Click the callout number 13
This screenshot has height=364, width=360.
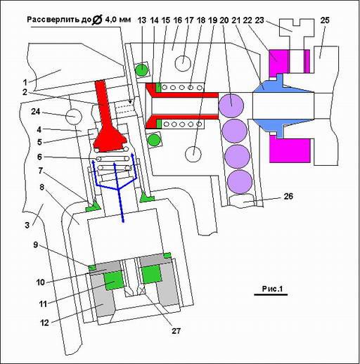point(142,20)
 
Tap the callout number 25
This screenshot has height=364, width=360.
point(325,20)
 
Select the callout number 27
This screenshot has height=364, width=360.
point(176,330)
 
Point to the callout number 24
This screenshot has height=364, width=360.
point(36,112)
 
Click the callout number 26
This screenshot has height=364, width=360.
point(288,196)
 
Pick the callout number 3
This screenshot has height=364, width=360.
point(27,225)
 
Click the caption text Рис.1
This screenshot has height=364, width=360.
point(272,289)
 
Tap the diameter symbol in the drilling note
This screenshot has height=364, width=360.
point(96,20)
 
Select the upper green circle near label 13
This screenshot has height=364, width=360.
point(142,70)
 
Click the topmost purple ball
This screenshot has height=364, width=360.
point(231,105)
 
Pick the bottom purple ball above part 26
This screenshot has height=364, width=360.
point(240,182)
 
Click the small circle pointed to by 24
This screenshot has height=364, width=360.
point(74,117)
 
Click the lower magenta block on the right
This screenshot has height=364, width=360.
point(290,149)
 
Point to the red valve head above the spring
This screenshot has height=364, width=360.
point(110,140)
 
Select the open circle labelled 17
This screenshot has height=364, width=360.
point(183,63)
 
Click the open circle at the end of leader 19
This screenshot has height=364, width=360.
point(193,155)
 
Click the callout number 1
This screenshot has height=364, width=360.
point(25,82)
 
